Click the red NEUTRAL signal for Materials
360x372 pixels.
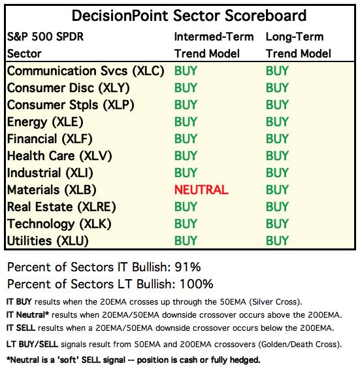coord(201,190)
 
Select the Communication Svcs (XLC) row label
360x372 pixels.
coord(86,71)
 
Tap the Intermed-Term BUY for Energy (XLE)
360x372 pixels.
coord(186,122)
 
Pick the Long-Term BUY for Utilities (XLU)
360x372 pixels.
coord(277,241)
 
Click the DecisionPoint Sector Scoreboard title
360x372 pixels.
coord(189,16)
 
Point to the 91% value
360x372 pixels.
coord(188,267)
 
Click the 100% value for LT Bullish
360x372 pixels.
coord(197,284)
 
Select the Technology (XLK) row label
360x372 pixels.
coord(59,224)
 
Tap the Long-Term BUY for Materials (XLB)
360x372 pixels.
coord(277,190)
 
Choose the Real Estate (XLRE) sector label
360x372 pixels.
coord(61,207)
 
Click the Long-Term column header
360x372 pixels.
coord(295,37)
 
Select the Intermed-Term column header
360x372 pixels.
coord(214,37)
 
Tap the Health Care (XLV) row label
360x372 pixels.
coord(59,156)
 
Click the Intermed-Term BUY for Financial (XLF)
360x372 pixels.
coord(186,139)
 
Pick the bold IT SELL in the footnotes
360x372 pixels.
coord(21,328)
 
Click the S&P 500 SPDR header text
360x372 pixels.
coord(45,37)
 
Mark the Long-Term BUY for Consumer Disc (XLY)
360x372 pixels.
coord(277,88)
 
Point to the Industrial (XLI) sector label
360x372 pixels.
coord(50,173)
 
